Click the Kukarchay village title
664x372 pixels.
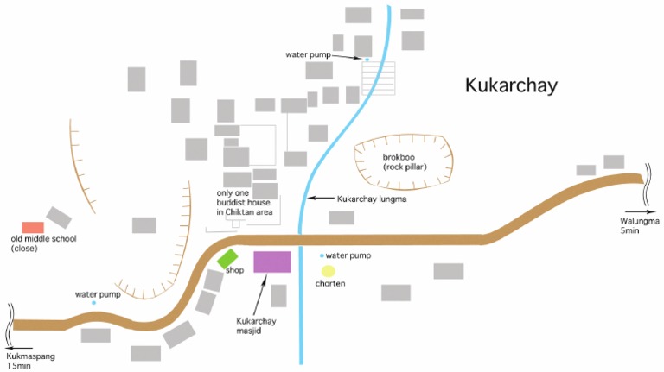(x=511, y=85)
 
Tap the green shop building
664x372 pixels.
(x=227, y=257)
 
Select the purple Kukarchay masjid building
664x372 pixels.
(x=271, y=262)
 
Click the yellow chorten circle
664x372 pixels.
(x=328, y=271)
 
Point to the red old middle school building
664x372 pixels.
(x=33, y=227)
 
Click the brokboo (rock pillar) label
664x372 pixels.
(x=404, y=161)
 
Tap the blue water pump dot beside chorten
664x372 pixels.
(x=322, y=255)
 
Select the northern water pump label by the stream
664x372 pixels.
(x=309, y=54)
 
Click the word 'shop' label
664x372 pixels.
(x=234, y=270)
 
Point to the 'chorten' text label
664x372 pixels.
(x=330, y=284)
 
